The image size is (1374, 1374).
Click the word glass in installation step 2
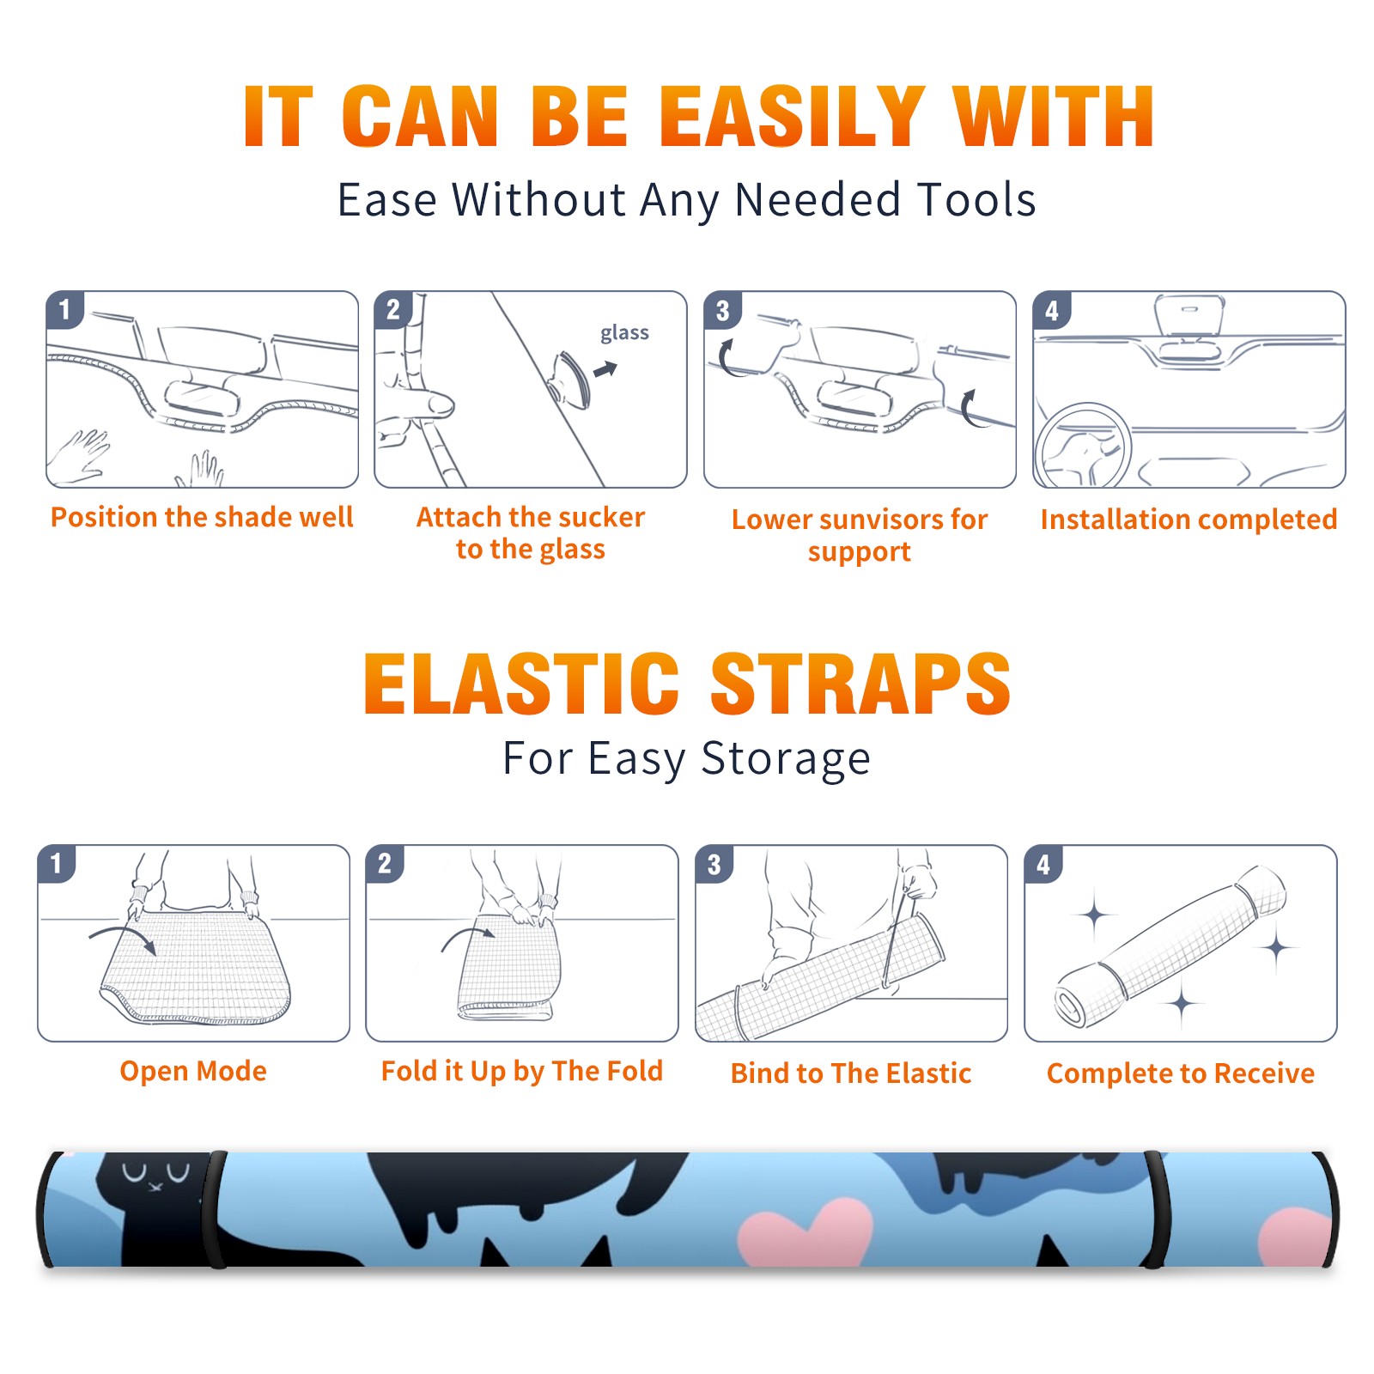[624, 333]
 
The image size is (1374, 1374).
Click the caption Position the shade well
[202, 517]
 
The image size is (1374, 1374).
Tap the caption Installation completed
[1189, 520]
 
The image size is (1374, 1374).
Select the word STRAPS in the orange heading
[860, 684]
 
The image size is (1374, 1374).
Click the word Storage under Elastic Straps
[786, 759]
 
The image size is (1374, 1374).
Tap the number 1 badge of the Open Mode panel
[57, 863]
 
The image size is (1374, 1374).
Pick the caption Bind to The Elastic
[850, 1073]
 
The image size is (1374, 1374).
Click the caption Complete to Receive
[1181, 1073]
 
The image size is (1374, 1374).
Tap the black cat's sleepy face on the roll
[155, 1174]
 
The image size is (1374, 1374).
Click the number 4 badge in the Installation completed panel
[1051, 310]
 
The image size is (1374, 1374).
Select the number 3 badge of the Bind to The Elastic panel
[714, 864]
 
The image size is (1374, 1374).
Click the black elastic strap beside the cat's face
[217, 1209]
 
